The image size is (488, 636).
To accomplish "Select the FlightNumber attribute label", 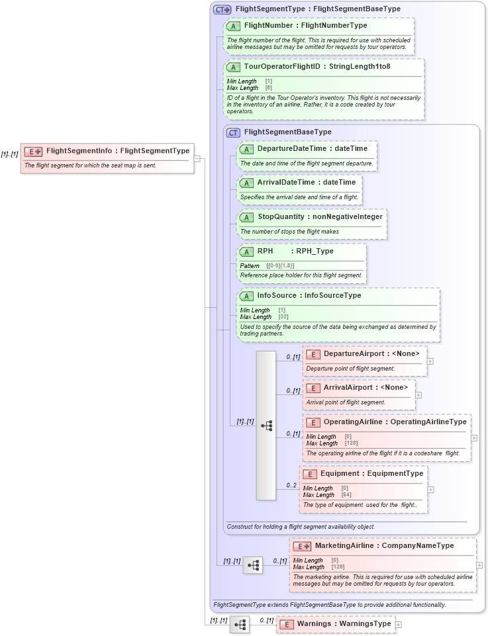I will tap(268, 26).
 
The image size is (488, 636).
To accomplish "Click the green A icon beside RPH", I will tap(246, 251).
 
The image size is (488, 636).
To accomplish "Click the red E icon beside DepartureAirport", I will tap(313, 354).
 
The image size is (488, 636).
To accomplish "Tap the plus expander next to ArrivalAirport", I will tap(418, 395).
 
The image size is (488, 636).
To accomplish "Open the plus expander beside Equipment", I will tap(430, 490).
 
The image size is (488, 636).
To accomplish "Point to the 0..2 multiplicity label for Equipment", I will tap(291, 485).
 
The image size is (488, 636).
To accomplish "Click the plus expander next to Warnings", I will tap(398, 624).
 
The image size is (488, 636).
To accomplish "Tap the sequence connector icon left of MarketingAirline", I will tap(252, 565).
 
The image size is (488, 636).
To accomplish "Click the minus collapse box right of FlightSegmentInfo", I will tap(197, 159).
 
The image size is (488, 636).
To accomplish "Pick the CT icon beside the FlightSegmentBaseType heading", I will tap(233, 132).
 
